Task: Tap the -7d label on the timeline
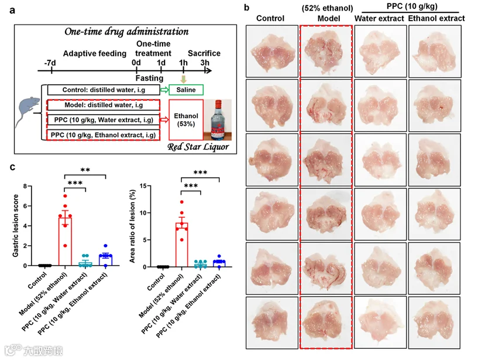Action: coord(50,61)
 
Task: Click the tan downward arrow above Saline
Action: coord(184,79)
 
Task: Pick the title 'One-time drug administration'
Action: coord(122,31)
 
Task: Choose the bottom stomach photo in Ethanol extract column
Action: coord(434,324)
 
